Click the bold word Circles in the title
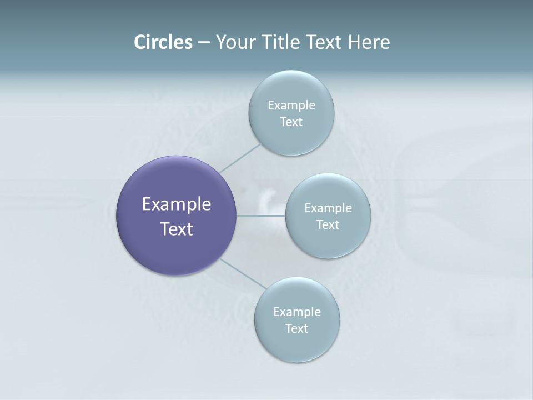tap(163, 42)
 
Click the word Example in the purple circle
tap(177, 204)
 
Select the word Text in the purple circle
tap(177, 229)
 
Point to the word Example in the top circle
tap(291, 106)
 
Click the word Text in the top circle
tap(291, 122)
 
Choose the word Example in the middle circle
tap(328, 208)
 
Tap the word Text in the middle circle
tap(328, 225)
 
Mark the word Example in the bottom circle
tap(297, 312)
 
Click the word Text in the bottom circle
tap(297, 329)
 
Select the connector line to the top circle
tap(240, 158)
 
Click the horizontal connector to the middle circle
tap(261, 216)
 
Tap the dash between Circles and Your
tap(204, 43)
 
